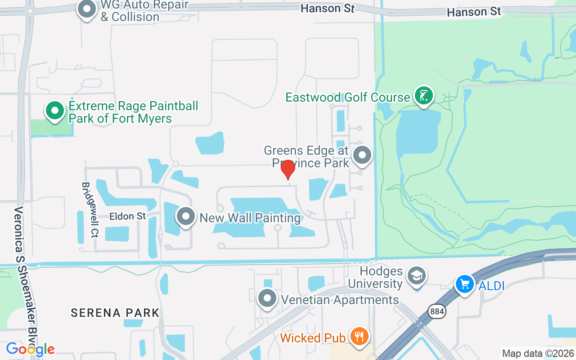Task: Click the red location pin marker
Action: [288, 170]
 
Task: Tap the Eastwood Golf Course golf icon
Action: [423, 95]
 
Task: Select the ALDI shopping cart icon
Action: [464, 284]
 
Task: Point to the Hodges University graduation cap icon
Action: [417, 276]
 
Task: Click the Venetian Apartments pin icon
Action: [267, 298]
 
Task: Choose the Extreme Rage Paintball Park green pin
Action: [55, 110]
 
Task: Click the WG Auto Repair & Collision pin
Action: [86, 9]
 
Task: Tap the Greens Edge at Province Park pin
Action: [362, 155]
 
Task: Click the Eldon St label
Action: [128, 216]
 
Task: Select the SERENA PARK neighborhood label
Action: [115, 312]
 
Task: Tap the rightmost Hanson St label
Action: [474, 12]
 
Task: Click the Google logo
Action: [30, 349]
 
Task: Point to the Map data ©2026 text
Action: [538, 353]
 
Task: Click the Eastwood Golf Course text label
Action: [348, 97]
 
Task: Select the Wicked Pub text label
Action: [313, 337]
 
